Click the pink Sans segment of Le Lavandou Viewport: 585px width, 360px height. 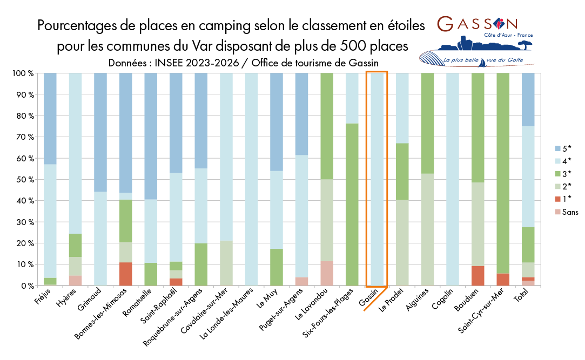pyautogui.click(x=327, y=273)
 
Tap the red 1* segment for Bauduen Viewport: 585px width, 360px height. pyautogui.click(x=478, y=275)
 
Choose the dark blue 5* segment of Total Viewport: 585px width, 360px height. pyautogui.click(x=528, y=99)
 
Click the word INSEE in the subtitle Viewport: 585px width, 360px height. pyautogui.click(x=174, y=62)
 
